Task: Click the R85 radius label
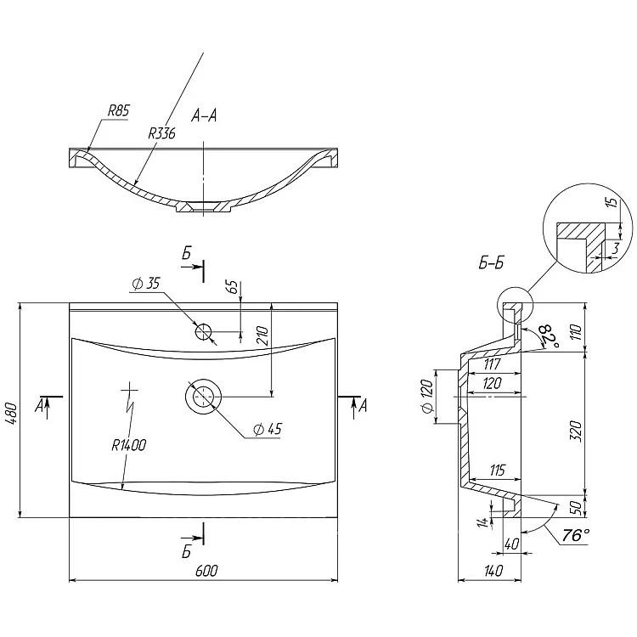118,111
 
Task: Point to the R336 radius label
161,133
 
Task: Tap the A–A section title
204,116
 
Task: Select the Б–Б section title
491,262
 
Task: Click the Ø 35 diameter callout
146,283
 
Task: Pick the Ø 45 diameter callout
268,429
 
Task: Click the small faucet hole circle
204,331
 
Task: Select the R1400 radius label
129,445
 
